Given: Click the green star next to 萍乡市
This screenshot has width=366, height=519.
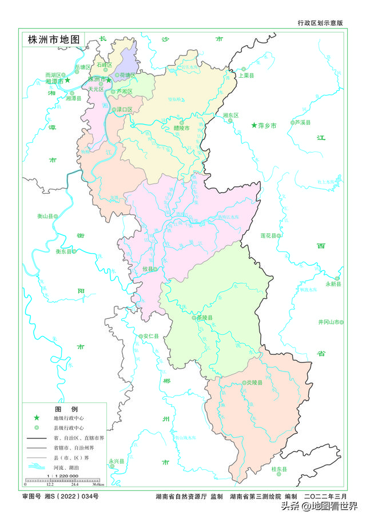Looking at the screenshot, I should [254, 125].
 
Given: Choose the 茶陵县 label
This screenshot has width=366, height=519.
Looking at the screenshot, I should [204, 318].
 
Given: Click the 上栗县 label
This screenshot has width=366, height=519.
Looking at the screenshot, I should [246, 75].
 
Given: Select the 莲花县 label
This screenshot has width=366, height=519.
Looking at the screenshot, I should [269, 235].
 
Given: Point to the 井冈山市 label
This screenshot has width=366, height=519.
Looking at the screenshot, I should [329, 322].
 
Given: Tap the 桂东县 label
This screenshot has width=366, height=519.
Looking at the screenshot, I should [279, 469].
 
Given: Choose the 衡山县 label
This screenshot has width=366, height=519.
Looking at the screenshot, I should [46, 217].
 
